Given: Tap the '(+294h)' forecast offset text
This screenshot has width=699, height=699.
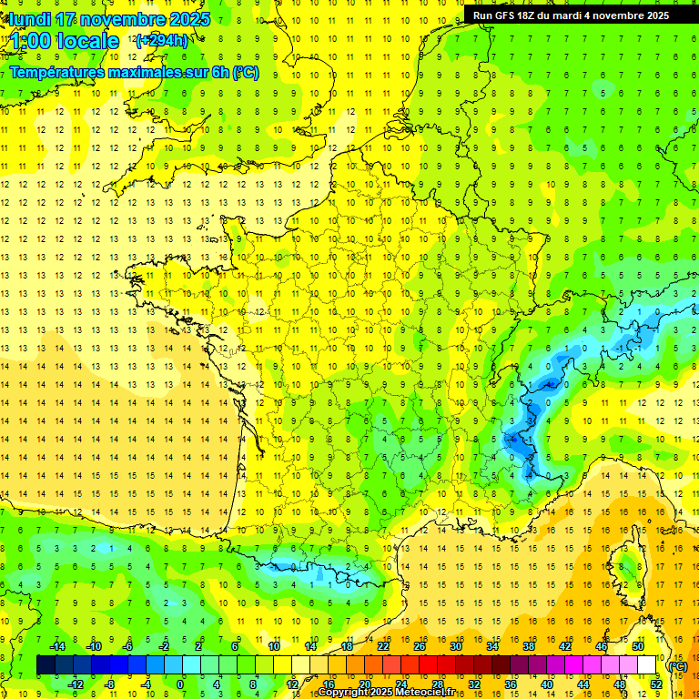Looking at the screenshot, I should tap(161, 40).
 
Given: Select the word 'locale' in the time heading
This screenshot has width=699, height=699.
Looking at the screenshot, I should tap(87, 41).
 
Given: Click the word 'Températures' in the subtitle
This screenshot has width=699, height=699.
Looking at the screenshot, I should tap(56, 73).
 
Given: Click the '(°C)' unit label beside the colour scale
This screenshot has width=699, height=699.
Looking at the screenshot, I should tap(678, 665).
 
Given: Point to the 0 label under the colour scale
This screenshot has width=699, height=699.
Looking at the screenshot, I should tap(180, 684).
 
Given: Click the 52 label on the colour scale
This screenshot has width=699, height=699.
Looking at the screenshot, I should tap(656, 684).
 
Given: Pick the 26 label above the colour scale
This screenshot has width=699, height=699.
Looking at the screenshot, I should tap(419, 646).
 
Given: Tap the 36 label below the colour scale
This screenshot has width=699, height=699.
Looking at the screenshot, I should tap(510, 684).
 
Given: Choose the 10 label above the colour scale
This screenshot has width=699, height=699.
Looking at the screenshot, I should tap(273, 646).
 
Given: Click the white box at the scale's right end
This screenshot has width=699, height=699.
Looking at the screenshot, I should tap(647, 665).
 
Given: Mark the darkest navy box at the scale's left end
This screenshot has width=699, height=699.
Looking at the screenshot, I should tap(46, 665).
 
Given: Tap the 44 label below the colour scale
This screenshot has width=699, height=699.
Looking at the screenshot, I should tap(582, 684).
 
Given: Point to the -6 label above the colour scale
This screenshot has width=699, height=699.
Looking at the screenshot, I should tap(127, 646).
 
